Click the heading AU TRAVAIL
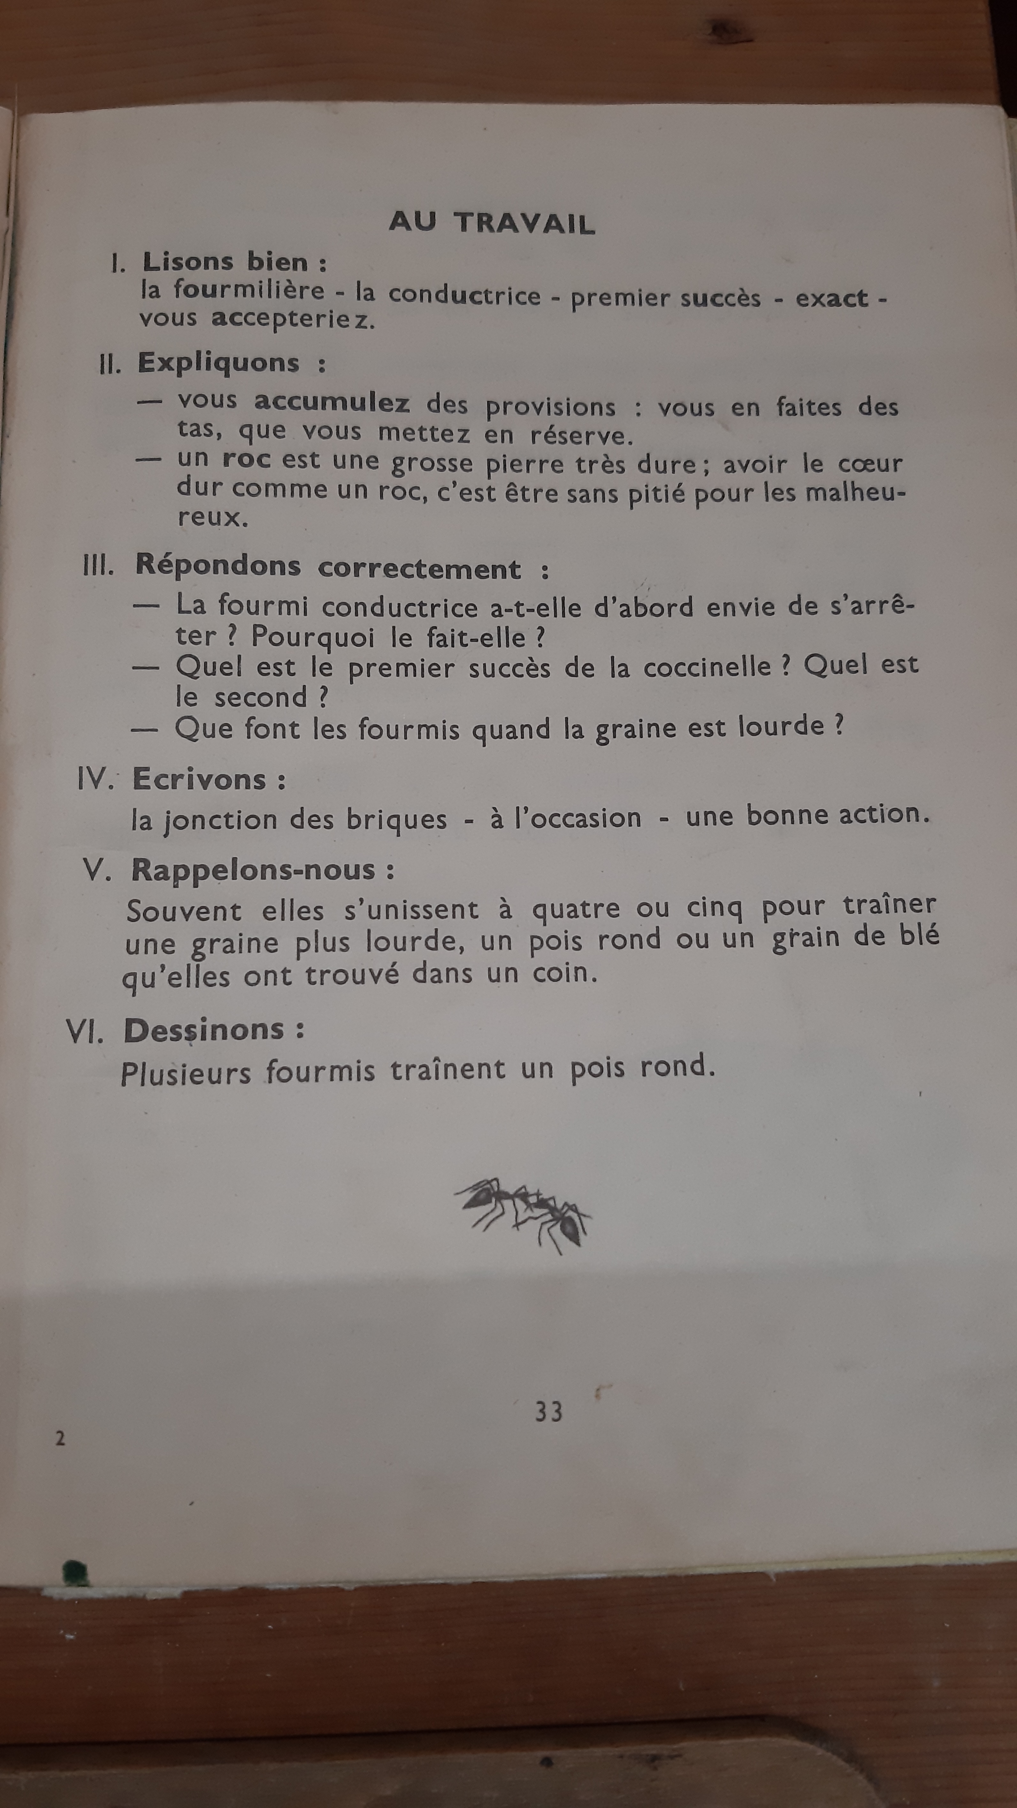coord(492,222)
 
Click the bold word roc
coord(246,460)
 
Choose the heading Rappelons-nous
coord(253,870)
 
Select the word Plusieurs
coord(186,1074)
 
